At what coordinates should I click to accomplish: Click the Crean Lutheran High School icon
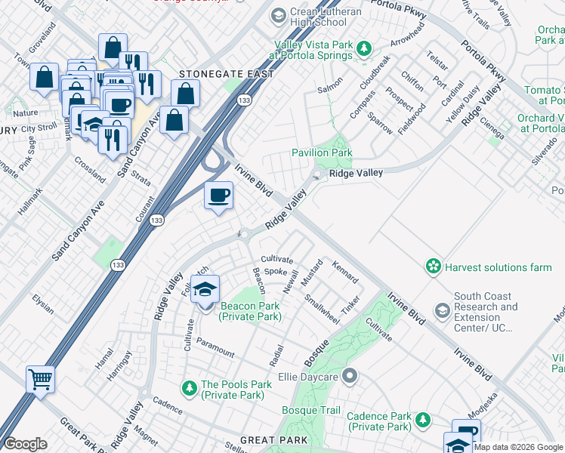point(278,15)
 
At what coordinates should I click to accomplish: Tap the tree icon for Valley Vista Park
point(364,49)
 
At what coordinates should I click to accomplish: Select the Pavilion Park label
point(322,153)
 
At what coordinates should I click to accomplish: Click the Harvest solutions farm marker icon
point(433,267)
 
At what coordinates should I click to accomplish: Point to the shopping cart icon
point(40,377)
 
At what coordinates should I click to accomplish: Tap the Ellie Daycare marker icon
point(349,375)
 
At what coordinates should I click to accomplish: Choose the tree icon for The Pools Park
point(189,388)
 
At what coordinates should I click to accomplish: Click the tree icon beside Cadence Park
point(423,420)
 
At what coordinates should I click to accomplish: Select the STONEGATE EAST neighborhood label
point(219,74)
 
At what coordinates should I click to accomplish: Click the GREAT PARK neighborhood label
point(273,439)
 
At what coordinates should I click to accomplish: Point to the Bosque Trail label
point(311,410)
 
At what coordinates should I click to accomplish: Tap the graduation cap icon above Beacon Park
point(205,288)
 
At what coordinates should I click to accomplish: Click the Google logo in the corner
point(25,444)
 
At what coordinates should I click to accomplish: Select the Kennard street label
point(345,271)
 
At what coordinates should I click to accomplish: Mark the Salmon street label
point(330,89)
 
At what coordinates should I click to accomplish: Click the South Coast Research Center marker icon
point(442,310)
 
